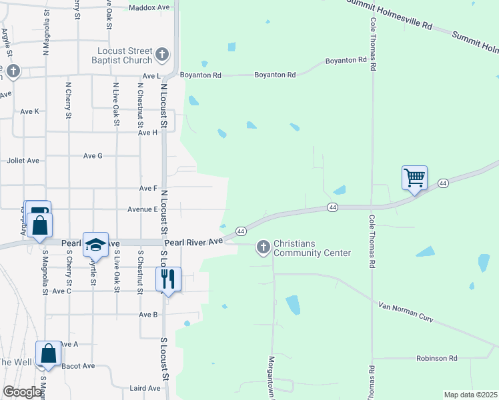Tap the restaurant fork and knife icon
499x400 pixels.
click(168, 279)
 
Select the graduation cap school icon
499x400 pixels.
click(95, 244)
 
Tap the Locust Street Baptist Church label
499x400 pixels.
click(125, 56)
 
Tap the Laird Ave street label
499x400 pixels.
click(145, 388)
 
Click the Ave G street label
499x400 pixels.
click(93, 155)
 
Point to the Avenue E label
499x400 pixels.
click(142, 209)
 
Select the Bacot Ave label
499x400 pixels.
click(77, 366)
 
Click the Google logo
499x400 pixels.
click(22, 392)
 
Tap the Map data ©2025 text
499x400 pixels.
click(470, 395)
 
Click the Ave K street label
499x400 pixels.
click(30, 111)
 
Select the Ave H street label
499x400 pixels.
click(147, 133)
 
